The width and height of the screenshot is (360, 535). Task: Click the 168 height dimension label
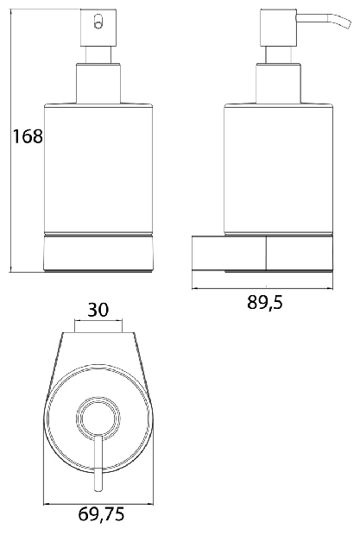tap(28, 136)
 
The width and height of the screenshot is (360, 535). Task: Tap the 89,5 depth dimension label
tap(265, 302)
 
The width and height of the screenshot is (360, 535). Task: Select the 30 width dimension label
tap(98, 310)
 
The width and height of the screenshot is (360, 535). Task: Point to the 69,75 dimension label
tap(101, 514)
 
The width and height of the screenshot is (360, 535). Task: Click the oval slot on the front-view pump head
tap(98, 22)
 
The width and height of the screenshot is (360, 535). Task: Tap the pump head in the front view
tap(98, 28)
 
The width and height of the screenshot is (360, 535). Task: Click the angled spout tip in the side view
tap(345, 22)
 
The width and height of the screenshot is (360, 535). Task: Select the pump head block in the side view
tap(279, 28)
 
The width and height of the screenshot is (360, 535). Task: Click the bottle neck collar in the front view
tap(98, 83)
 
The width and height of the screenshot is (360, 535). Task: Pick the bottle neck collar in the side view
tap(279, 83)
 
